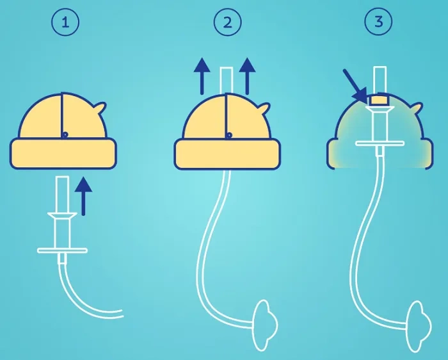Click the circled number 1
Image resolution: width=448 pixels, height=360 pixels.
(x=65, y=22)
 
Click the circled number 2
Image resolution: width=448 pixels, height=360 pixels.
(x=228, y=22)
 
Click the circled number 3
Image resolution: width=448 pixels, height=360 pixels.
(x=379, y=21)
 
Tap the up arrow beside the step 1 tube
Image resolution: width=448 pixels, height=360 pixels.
(x=83, y=196)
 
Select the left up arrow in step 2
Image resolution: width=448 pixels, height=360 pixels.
(x=202, y=76)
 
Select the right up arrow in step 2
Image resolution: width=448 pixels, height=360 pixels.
(x=247, y=76)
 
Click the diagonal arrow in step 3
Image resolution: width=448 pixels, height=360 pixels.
(x=355, y=85)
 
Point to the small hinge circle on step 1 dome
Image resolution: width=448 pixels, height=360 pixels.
(x=65, y=134)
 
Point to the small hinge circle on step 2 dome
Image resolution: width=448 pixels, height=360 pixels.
(x=229, y=135)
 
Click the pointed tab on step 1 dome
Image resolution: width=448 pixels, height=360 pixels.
(x=100, y=108)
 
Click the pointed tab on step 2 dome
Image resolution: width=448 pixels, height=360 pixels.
(x=264, y=109)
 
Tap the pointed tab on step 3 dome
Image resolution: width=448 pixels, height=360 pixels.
(x=417, y=109)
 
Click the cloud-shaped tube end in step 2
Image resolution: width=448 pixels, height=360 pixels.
(x=264, y=325)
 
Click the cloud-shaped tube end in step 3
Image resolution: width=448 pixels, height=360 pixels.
(x=419, y=326)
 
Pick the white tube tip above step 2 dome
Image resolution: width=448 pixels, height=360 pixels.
(x=227, y=80)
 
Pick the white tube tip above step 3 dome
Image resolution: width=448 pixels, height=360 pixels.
(x=380, y=80)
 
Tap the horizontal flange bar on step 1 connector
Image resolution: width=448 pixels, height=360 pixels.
(x=62, y=250)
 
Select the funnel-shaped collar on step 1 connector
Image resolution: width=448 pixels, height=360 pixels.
(x=62, y=216)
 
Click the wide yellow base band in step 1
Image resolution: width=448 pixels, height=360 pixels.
(x=63, y=154)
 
